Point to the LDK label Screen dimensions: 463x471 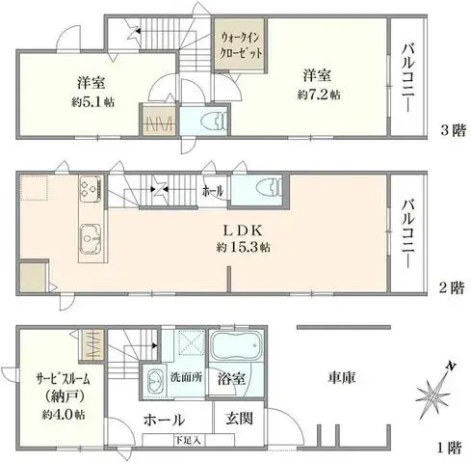click(243, 231)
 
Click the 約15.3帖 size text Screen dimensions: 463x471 click(243, 248)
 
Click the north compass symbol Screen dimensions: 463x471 click(435, 394)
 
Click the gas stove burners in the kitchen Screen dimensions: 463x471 click(90, 187)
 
